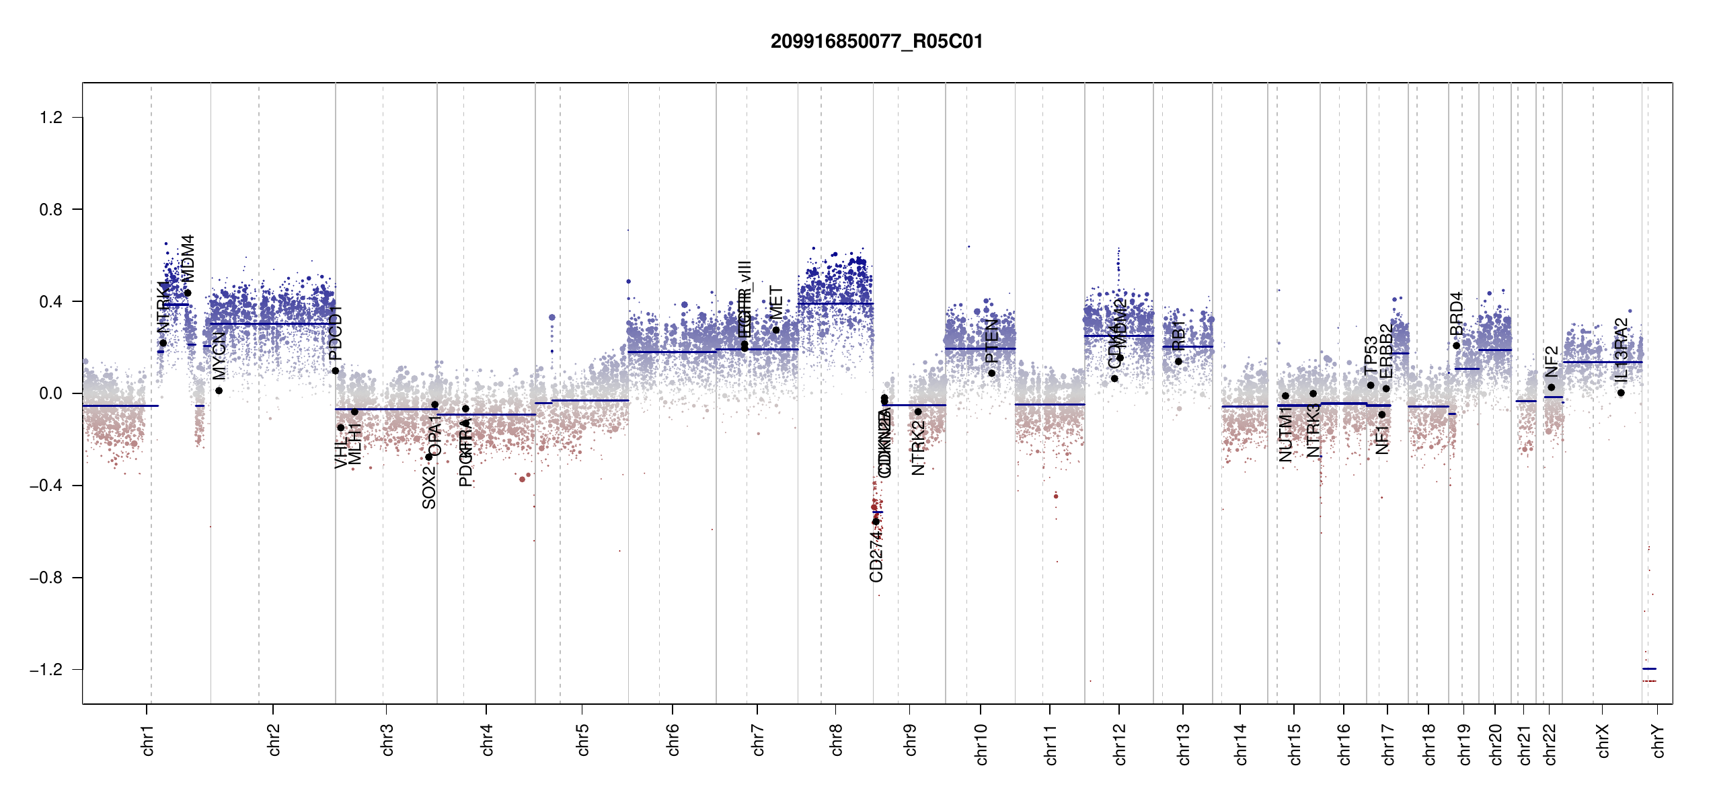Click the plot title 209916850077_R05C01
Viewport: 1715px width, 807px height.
click(x=876, y=42)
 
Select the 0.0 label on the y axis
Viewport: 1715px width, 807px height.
click(x=51, y=393)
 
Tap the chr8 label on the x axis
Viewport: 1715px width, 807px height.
click(x=837, y=740)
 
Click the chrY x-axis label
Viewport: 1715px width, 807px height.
click(x=1659, y=740)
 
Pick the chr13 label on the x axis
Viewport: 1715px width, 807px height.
click(x=1184, y=744)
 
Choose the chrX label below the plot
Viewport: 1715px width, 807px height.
click(x=1603, y=740)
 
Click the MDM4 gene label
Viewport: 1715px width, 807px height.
click(x=188, y=258)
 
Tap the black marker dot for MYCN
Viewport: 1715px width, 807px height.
click(x=219, y=391)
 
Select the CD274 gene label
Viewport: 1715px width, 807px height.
click(x=876, y=555)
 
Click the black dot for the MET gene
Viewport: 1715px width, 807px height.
click(x=776, y=330)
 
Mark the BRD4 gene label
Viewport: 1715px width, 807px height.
click(x=1457, y=313)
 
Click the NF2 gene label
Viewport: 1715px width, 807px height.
click(x=1552, y=362)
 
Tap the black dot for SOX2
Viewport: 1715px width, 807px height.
click(x=429, y=457)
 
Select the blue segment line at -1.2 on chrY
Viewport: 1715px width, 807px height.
click(x=1649, y=668)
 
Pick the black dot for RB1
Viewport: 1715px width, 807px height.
click(x=1178, y=362)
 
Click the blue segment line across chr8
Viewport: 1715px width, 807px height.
click(x=835, y=304)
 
